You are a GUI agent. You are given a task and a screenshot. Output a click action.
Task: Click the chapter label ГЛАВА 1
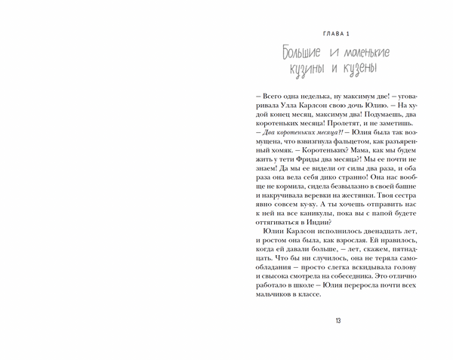pyautogui.click(x=337, y=33)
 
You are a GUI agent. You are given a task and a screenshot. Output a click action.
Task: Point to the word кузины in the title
pyautogui.click(x=304, y=69)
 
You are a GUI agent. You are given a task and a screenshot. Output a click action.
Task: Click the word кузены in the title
pyautogui.click(x=358, y=69)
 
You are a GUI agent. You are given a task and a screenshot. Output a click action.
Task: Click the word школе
pyautogui.click(x=303, y=295)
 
